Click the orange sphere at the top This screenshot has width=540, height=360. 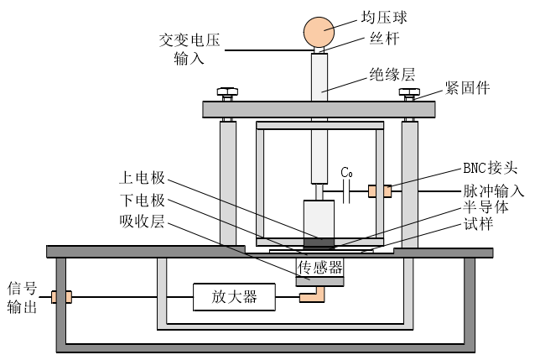pos(319,32)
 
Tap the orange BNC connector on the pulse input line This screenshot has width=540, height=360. pos(386,191)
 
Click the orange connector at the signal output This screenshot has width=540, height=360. pos(62,296)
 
